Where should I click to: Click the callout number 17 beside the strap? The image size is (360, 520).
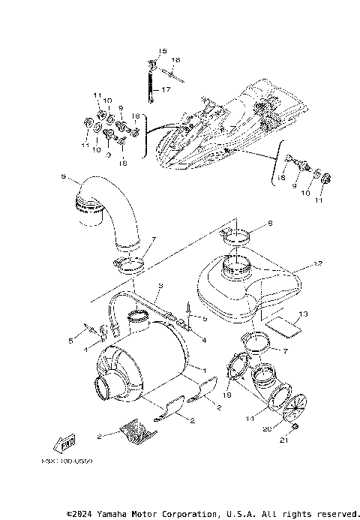coord(167,89)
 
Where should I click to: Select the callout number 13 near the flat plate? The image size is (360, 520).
coord(303,314)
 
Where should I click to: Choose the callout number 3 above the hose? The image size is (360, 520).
coord(160,286)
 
